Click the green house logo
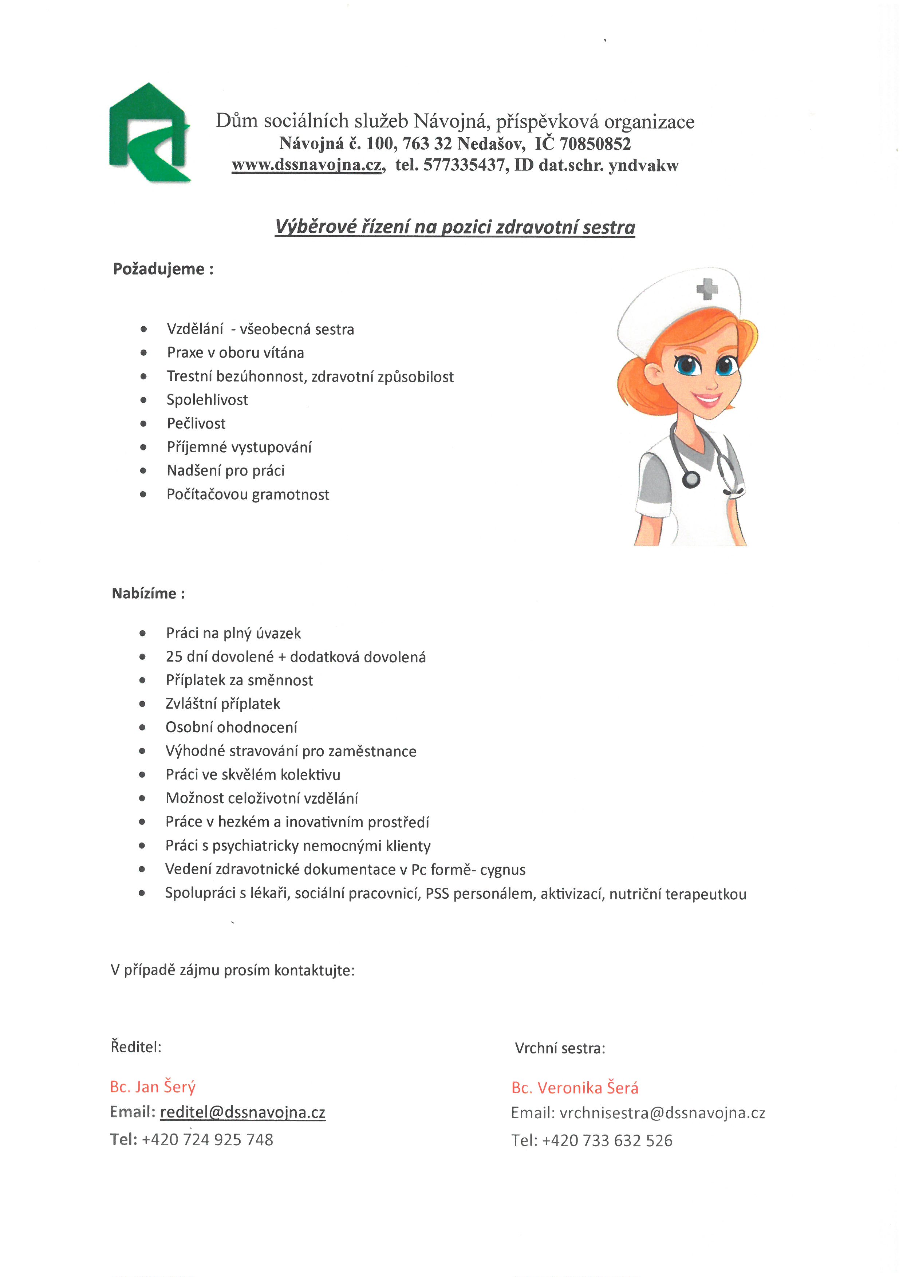tap(149, 133)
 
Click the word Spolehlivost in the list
tap(208, 400)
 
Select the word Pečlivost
tap(196, 424)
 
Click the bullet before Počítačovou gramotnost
tap(143, 494)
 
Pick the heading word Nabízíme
tap(144, 594)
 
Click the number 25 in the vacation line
tap(174, 657)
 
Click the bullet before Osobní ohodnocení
tap(142, 728)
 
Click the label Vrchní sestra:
tap(560, 1048)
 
